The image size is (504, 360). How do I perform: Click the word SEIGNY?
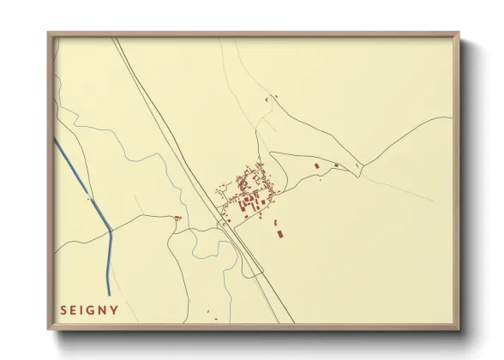[89, 309]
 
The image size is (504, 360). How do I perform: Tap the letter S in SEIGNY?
[63, 309]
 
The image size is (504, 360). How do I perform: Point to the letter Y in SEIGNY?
[115, 309]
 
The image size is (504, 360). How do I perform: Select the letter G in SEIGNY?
[89, 309]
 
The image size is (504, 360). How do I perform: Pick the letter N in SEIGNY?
[102, 309]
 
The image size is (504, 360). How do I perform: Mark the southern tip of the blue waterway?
[108, 295]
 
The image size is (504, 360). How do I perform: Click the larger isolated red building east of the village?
[316, 165]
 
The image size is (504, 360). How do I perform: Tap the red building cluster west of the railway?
[178, 219]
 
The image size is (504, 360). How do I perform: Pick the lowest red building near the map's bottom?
[215, 320]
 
